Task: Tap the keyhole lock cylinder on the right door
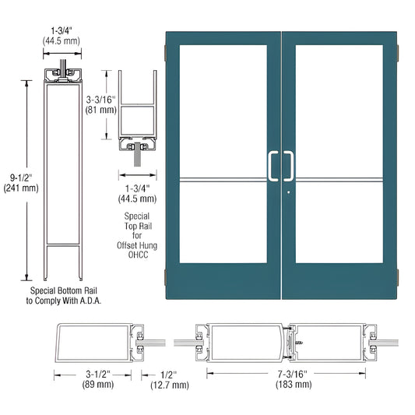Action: click(x=287, y=193)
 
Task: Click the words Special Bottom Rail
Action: click(x=59, y=290)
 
